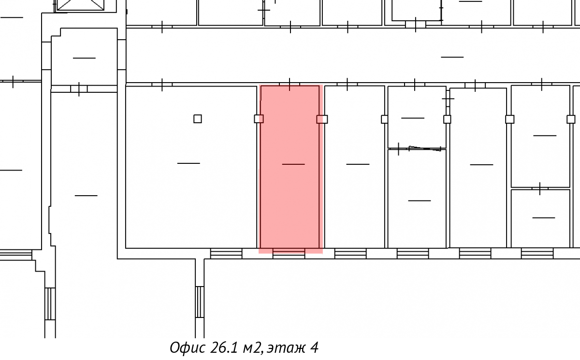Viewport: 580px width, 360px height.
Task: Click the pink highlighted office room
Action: point(290,169)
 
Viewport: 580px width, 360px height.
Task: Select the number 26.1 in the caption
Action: point(223,347)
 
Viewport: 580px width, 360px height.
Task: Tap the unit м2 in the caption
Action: point(252,348)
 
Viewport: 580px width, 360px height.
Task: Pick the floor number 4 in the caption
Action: point(314,347)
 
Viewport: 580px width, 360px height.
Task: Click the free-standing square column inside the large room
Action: point(198,119)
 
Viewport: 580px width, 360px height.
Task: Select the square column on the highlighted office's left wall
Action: point(259,119)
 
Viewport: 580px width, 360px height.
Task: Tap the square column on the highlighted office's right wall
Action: point(322,119)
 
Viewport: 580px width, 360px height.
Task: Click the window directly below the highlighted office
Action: point(289,253)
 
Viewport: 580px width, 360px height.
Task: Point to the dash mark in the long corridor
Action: point(452,57)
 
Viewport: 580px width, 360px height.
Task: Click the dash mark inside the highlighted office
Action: point(293,164)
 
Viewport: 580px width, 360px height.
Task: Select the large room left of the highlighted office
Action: point(191,167)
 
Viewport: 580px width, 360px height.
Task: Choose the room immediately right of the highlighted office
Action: point(354,167)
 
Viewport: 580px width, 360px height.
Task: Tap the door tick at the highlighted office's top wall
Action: point(290,85)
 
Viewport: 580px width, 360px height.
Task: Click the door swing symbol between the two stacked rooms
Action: point(425,148)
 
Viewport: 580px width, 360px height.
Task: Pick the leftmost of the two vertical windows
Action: point(50,304)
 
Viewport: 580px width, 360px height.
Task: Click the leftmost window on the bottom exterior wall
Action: point(16,255)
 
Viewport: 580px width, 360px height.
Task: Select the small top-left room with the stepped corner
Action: point(84,57)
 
